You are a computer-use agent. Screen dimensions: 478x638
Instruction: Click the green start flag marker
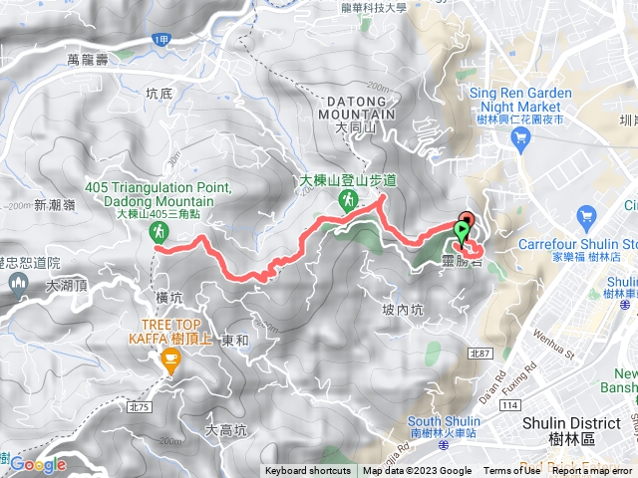tap(461, 232)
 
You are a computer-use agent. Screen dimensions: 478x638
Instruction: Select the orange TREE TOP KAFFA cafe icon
tap(169, 365)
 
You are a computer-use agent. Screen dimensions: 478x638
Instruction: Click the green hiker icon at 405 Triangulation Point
tap(158, 232)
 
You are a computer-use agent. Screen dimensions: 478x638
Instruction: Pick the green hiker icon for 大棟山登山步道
tap(348, 199)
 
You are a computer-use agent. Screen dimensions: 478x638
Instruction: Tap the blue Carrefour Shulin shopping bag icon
tap(586, 216)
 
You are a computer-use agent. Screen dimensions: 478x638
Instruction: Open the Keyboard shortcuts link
tap(308, 471)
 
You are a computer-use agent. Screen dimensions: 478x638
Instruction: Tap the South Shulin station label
tap(445, 420)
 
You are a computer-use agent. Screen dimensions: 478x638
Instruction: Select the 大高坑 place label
tap(224, 431)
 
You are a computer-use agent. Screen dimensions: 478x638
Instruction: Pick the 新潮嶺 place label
tap(55, 205)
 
